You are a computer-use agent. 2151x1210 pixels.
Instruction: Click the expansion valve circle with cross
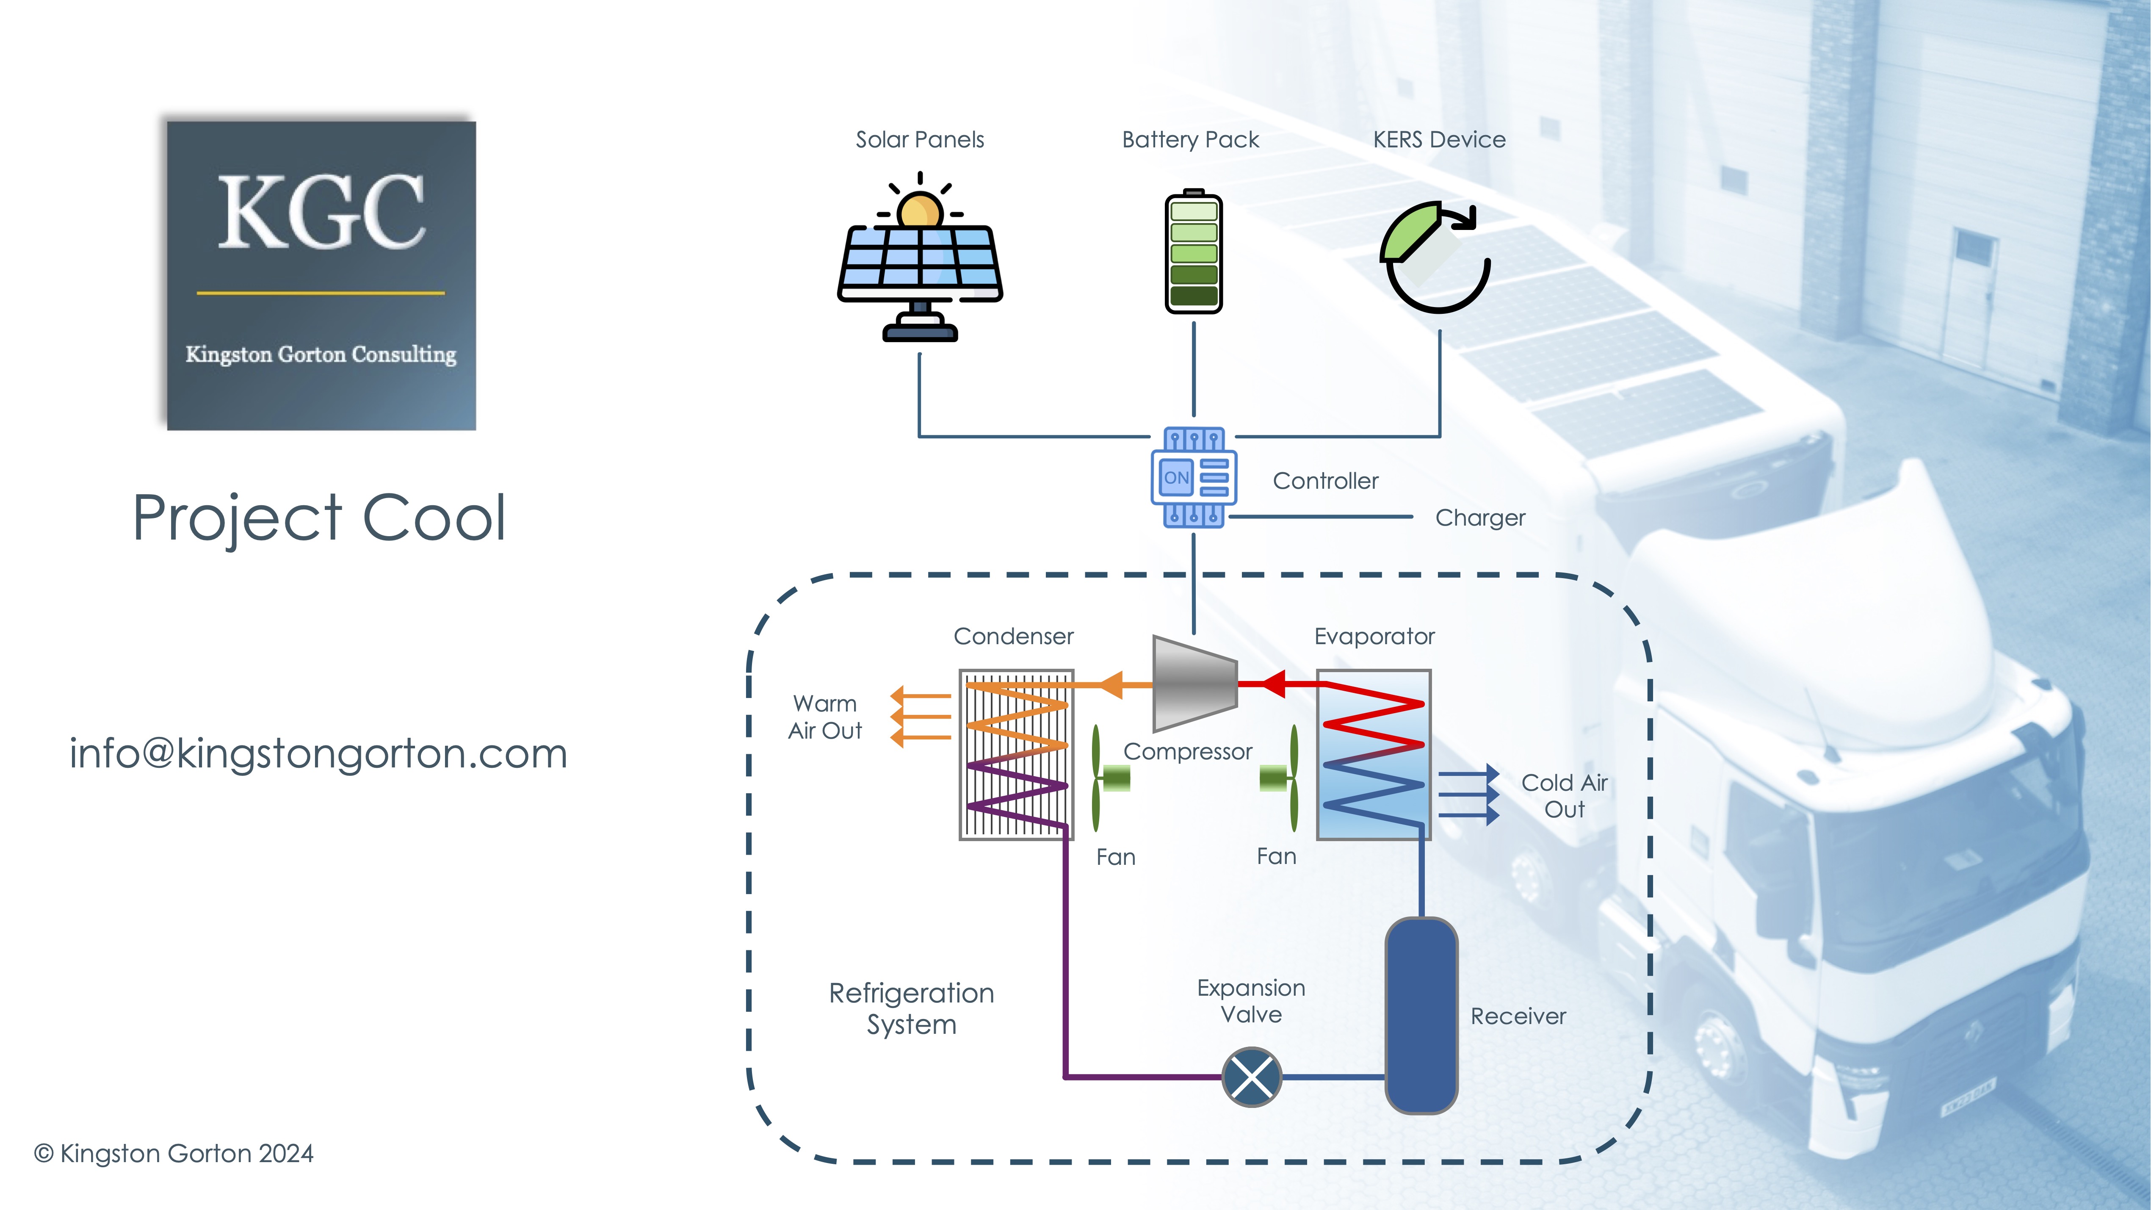pos(1252,1077)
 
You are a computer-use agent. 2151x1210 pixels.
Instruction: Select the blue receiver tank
pos(1421,1016)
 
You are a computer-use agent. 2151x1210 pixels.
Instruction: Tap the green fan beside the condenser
pos(1110,778)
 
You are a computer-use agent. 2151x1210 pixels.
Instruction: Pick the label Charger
pos(1479,518)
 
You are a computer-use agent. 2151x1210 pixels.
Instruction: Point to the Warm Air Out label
pos(825,717)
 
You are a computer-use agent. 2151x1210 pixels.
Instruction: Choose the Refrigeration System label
pos(912,1009)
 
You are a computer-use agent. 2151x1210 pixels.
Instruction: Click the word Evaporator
pos(1374,637)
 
